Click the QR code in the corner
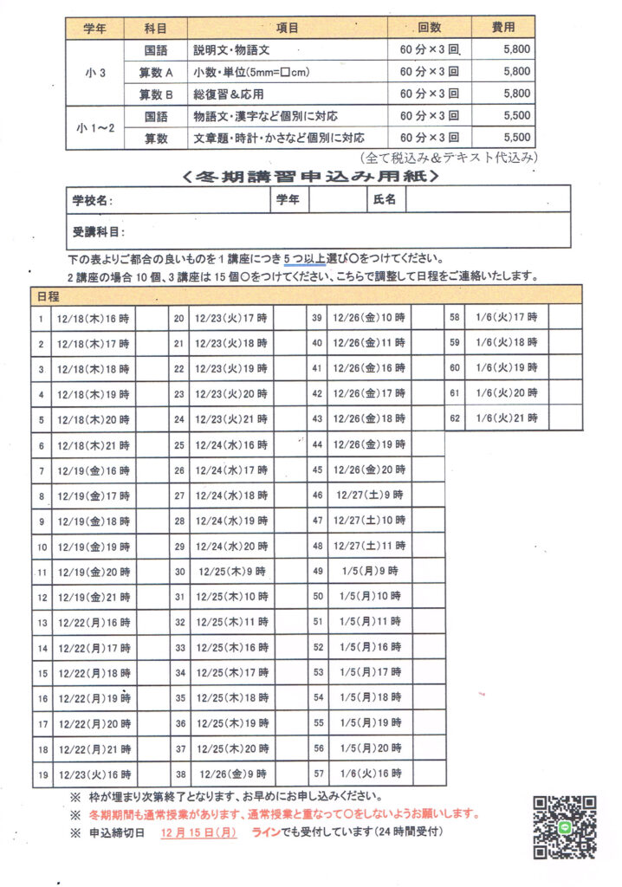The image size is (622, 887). [x=565, y=827]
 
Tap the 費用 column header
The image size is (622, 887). [x=502, y=28]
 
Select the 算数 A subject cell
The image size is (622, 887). [x=156, y=72]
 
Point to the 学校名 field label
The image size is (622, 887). [x=93, y=200]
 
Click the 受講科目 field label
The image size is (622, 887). [x=98, y=232]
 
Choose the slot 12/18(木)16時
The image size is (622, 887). [x=93, y=319]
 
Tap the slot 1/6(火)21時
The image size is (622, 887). [x=507, y=418]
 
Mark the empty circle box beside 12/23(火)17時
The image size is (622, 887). [x=289, y=319]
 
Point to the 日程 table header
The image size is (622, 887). [x=49, y=296]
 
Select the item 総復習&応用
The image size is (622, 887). [x=229, y=94]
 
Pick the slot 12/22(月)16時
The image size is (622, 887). [x=93, y=622]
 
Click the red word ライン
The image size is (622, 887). [x=265, y=832]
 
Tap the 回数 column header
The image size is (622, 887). [x=430, y=28]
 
